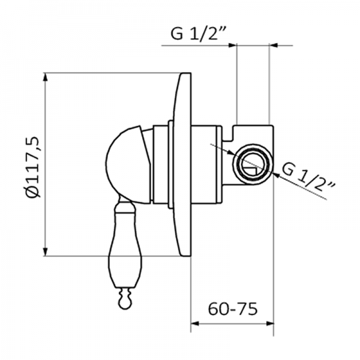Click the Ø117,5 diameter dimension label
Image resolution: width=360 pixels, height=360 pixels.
(34, 167)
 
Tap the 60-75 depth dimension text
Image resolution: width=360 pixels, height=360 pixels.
(233, 309)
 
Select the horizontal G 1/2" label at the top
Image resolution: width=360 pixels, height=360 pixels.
(199, 34)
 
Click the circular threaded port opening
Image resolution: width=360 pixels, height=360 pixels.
(253, 164)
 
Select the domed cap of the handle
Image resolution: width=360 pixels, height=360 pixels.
(128, 165)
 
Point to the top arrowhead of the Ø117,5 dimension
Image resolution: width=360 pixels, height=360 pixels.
(46, 77)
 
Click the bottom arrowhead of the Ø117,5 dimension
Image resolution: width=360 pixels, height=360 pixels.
(46, 251)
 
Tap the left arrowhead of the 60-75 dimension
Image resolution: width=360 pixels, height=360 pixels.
(195, 324)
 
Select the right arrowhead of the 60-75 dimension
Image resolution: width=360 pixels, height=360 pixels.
(269, 324)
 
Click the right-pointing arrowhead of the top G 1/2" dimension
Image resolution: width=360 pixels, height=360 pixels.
(232, 45)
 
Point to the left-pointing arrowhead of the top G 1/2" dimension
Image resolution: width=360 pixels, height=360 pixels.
(273, 45)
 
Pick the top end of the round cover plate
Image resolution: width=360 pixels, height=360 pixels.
(185, 74)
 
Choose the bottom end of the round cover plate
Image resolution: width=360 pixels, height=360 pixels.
(185, 254)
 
